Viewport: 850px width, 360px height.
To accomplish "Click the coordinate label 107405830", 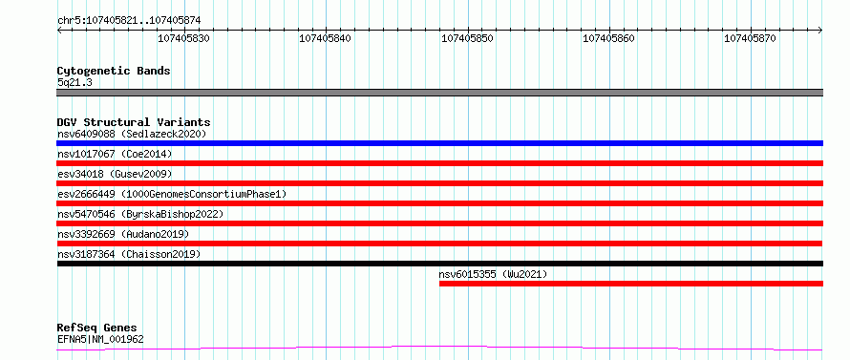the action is coord(183,38).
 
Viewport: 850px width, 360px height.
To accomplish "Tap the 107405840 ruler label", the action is coord(326,38).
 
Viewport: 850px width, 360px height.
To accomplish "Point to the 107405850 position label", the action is coord(467,38).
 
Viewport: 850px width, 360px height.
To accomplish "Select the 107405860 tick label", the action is coord(608,38).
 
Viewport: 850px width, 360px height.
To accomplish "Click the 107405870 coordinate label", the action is coord(751,38).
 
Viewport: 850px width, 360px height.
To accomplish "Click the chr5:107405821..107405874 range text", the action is coord(129,21).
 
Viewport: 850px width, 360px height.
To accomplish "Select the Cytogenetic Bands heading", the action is coord(114,71).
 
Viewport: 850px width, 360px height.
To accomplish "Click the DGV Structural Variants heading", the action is coord(134,122).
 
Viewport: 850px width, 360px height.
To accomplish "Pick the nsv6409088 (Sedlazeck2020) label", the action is coord(132,134).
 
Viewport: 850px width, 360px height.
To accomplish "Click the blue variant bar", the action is coord(439,143).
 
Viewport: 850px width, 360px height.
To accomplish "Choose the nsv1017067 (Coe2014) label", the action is coord(115,154).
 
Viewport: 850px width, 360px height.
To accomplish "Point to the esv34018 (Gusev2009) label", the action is coord(115,174).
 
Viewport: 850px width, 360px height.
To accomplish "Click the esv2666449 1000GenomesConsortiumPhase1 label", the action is coord(172,194).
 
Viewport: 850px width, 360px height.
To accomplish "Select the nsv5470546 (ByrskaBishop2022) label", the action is coord(140,214).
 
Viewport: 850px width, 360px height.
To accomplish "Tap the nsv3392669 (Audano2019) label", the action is coord(123,234).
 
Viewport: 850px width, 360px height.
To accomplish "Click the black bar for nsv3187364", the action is coord(439,264).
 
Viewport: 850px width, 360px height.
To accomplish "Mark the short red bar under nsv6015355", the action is coord(631,284).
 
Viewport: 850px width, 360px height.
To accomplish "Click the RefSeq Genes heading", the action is coord(97,328).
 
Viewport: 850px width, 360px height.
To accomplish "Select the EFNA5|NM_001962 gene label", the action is coord(100,340).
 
